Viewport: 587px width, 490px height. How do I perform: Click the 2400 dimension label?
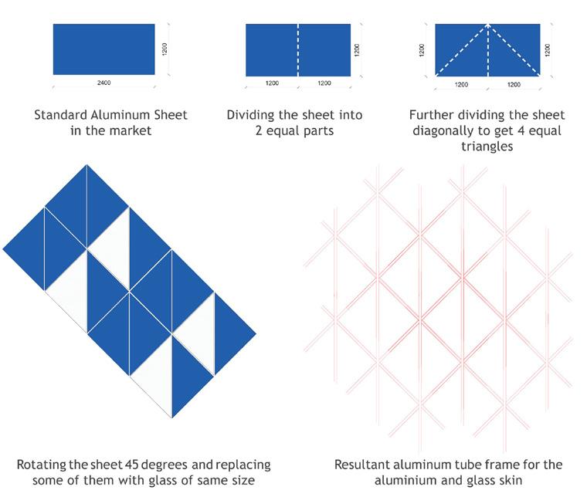click(x=103, y=83)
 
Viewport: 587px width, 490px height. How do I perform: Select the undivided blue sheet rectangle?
click(x=103, y=49)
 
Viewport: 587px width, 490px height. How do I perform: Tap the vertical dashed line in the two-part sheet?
click(x=298, y=49)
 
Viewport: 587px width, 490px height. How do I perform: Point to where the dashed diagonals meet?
click(x=488, y=25)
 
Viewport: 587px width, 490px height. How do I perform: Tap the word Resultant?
click(x=364, y=465)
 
